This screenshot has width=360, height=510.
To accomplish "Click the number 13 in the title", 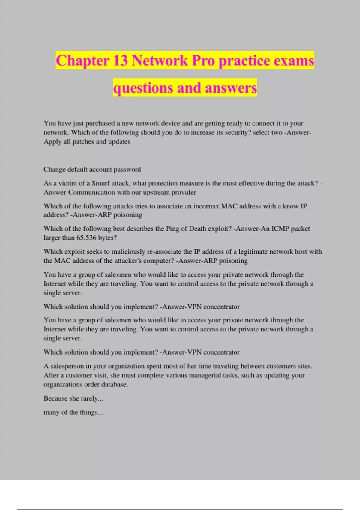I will [120, 61].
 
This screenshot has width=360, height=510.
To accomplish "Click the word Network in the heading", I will [160, 61].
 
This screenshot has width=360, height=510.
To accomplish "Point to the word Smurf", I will [100, 183].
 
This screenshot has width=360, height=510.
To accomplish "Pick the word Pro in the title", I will [203, 61].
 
